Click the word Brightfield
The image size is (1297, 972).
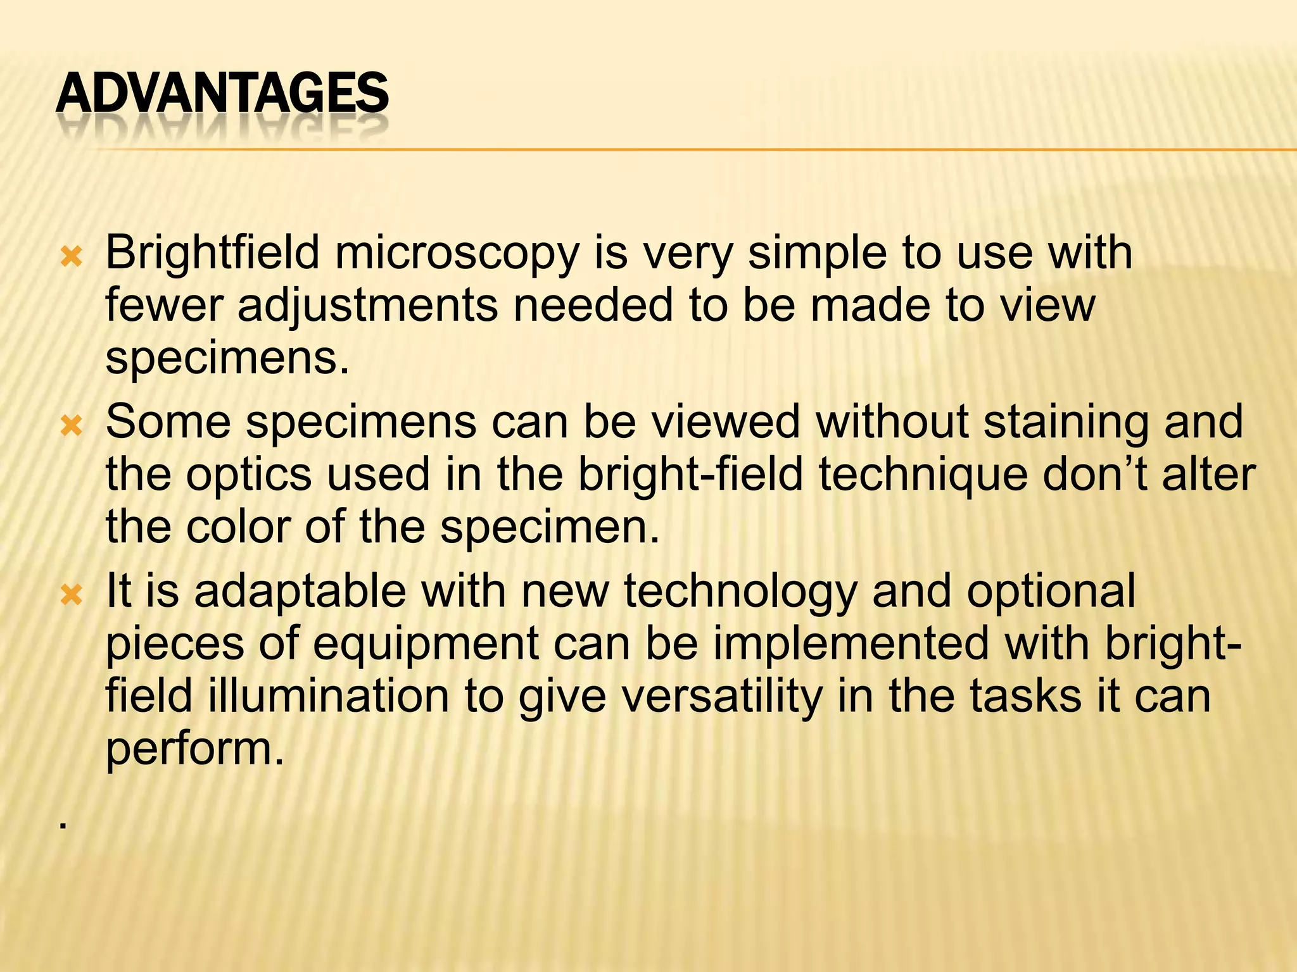pyautogui.click(x=212, y=253)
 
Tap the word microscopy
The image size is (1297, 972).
pyautogui.click(x=457, y=253)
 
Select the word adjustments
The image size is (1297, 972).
pyautogui.click(x=367, y=306)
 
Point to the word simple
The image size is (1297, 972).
pyautogui.click(x=817, y=253)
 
